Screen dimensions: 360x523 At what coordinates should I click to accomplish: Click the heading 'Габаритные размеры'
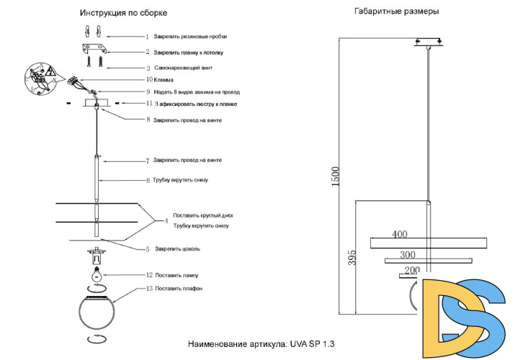pos(397,12)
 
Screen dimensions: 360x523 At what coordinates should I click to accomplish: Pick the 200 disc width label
pos(411,271)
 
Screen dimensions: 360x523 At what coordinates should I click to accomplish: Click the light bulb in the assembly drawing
pos(95,274)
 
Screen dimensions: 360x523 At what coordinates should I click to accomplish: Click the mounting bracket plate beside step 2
pos(94,50)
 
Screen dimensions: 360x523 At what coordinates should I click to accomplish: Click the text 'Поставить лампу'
pos(176,275)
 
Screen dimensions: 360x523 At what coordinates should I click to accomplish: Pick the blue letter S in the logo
pos(486,317)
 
